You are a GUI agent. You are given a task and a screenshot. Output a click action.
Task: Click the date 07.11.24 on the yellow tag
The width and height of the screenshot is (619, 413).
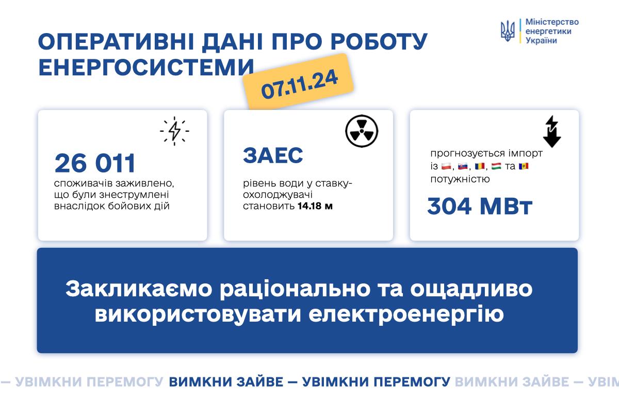[299, 84]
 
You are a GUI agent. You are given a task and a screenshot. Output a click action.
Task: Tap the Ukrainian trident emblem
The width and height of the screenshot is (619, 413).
[508, 31]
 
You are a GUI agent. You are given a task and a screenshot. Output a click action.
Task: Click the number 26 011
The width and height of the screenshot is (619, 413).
[95, 163]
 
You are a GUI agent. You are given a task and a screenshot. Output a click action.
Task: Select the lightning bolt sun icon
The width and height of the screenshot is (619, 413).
[174, 131]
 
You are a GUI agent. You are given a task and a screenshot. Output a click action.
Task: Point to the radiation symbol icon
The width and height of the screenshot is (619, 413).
[362, 131]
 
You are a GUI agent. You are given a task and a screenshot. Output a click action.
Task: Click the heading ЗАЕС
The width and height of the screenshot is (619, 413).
[273, 155]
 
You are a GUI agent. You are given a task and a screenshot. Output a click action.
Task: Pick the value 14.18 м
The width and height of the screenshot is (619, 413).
[315, 206]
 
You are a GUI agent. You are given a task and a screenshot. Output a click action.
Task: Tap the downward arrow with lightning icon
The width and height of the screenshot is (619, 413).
[552, 132]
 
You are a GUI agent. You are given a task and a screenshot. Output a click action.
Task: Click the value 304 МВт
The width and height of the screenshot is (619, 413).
[479, 206]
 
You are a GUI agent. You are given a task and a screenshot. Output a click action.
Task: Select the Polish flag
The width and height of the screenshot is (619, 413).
[446, 166]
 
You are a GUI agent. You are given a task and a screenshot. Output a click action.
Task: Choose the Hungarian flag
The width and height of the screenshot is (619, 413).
[496, 166]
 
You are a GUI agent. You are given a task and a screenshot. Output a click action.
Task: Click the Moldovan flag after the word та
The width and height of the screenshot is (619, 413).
[524, 166]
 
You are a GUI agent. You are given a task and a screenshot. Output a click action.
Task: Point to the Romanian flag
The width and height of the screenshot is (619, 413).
[480, 166]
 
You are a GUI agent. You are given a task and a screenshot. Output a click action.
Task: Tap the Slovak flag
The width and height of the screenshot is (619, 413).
[463, 166]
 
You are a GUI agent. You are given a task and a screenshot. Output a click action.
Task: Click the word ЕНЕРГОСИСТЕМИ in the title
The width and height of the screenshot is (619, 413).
[146, 67]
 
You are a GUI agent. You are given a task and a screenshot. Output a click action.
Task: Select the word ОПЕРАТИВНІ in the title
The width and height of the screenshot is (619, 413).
[116, 42]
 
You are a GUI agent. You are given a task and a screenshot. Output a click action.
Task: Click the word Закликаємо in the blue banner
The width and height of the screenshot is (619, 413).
[139, 289]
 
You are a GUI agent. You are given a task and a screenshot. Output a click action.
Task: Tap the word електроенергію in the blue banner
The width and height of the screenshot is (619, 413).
[406, 314]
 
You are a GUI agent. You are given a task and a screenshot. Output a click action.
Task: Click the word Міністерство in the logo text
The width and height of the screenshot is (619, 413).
[552, 22]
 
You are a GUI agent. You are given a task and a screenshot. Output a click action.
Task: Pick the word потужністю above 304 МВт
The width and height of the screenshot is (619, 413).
[460, 179]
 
